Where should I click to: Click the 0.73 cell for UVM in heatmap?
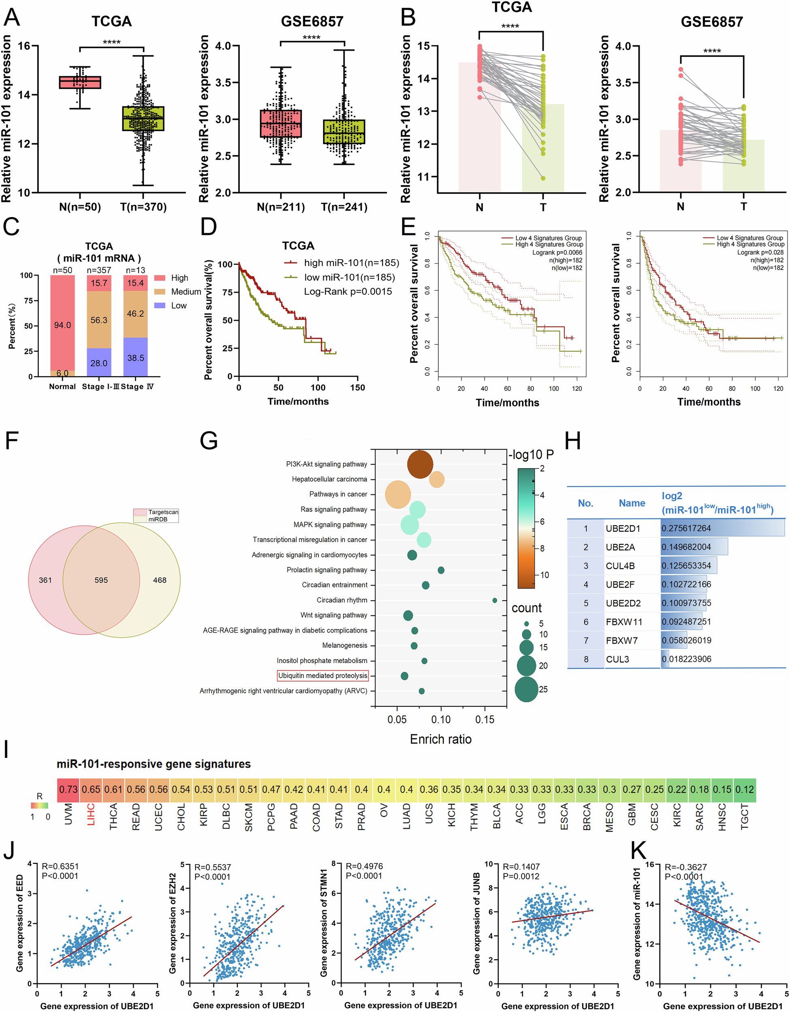pos(68,789)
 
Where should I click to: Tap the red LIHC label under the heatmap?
pos(91,814)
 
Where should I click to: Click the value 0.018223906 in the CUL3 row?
pos(687,659)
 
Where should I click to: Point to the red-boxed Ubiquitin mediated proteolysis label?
pos(322,675)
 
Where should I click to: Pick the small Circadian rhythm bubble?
pos(495,600)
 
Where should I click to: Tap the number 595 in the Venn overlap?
pos(101,580)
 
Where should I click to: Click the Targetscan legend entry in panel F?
pos(156,512)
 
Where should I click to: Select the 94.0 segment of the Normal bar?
pos(62,325)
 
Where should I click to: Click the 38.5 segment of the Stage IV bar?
pos(135,358)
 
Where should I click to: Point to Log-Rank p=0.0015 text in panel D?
pos(348,292)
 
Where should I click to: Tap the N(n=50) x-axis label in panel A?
pos(80,207)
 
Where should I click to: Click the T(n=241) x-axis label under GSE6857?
pos(344,207)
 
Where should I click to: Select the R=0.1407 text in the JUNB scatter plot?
pos(521,867)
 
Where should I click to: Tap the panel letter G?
pos(209,441)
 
